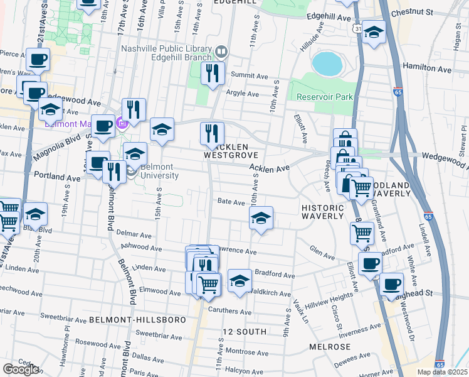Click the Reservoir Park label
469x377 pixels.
click(x=325, y=97)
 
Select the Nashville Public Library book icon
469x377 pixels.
click(x=221, y=51)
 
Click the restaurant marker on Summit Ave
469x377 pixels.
click(x=213, y=73)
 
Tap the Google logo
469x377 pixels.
click(x=21, y=369)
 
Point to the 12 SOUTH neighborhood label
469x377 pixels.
click(x=245, y=331)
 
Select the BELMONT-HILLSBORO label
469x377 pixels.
click(x=138, y=320)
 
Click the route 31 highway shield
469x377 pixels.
click(x=355, y=30)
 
